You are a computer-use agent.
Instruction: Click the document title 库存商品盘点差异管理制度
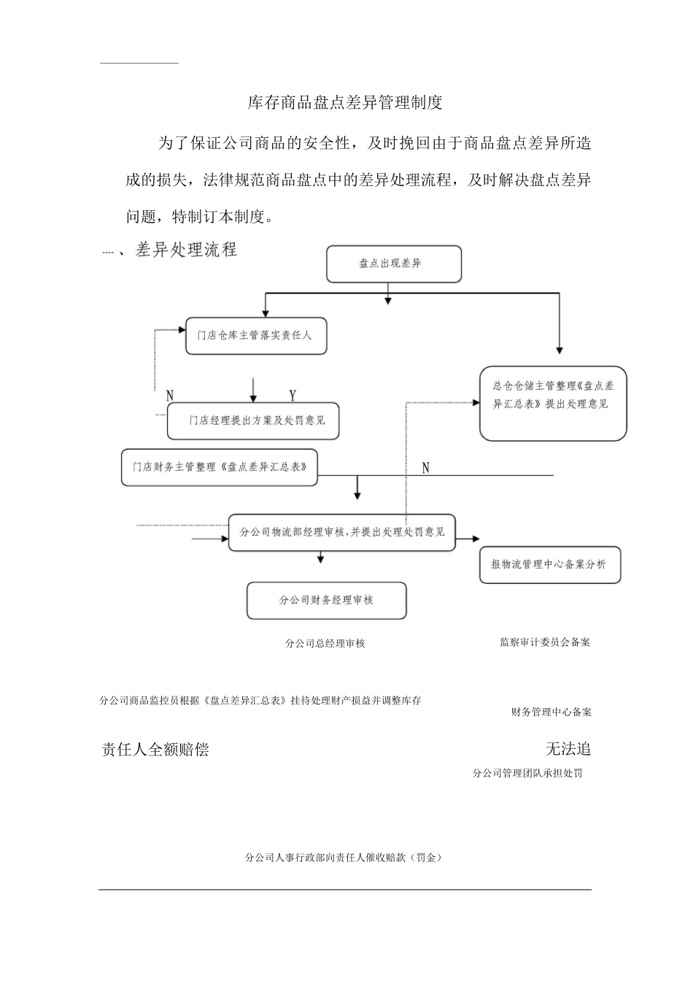345,103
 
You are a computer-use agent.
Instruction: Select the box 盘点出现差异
394,263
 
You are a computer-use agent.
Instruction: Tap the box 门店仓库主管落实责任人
256,336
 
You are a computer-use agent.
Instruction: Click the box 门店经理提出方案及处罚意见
253,420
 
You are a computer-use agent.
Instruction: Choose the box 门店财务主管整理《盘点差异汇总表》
220,467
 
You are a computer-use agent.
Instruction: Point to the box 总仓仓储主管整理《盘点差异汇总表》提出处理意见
553,403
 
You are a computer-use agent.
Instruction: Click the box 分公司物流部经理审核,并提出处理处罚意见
342,532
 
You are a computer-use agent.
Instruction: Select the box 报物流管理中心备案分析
550,564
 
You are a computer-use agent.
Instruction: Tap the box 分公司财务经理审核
326,600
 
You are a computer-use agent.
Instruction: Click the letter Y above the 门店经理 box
293,396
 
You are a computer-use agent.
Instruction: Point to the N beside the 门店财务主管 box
426,468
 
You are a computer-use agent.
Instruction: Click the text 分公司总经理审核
325,643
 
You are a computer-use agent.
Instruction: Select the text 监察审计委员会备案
545,642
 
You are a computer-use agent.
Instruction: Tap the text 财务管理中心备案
551,712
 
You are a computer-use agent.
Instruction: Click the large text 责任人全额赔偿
155,750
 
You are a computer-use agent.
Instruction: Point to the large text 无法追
568,749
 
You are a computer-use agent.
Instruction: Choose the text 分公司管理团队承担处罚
527,773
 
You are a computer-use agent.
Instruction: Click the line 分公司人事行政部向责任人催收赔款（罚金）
344,858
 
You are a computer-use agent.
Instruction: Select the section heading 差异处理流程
186,250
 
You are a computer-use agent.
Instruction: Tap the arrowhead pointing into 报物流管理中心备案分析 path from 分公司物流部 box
476,539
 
